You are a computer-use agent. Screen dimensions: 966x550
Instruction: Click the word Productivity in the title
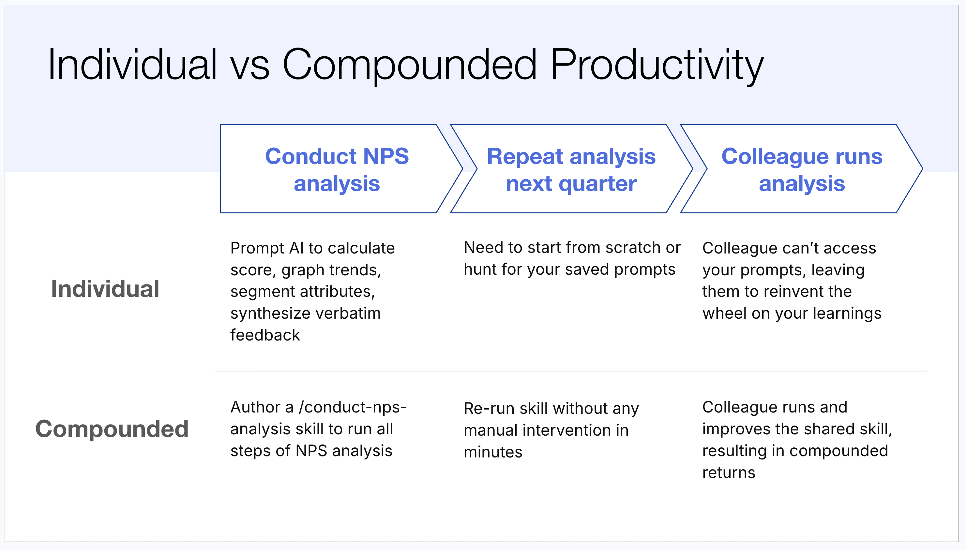click(657, 65)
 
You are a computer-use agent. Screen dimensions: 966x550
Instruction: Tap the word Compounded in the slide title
click(410, 65)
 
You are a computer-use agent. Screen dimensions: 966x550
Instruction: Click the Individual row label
click(105, 289)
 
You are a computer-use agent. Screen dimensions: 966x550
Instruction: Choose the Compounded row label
click(112, 429)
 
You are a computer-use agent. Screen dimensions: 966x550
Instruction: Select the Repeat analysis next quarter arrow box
click(571, 168)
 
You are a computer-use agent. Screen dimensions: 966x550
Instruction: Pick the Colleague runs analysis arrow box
click(802, 168)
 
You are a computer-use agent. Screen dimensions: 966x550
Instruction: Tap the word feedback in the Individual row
click(265, 335)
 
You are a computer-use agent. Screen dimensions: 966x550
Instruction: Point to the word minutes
click(493, 452)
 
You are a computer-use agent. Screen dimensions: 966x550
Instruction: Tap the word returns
click(729, 473)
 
